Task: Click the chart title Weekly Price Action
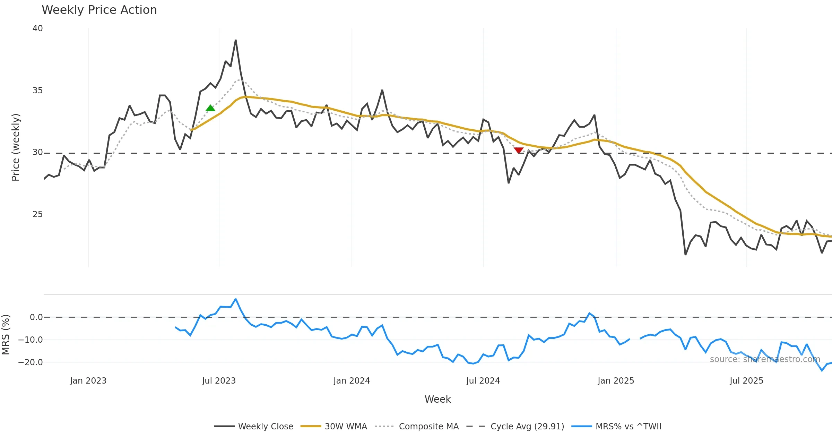[x=99, y=10]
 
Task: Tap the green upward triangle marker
[x=210, y=108]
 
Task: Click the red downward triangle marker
[x=519, y=150]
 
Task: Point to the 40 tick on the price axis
[x=37, y=28]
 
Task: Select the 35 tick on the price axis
[x=37, y=91]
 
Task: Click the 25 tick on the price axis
[x=37, y=214]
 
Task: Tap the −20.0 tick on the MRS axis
[x=31, y=362]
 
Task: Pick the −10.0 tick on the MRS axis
[x=31, y=340]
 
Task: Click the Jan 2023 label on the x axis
[x=88, y=381]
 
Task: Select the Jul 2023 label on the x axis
[x=219, y=381]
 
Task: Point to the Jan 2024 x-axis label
[x=352, y=381]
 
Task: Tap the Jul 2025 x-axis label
[x=746, y=381]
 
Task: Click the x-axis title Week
[x=437, y=400]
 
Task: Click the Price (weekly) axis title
[x=16, y=147]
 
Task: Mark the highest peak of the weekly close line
[x=236, y=40]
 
